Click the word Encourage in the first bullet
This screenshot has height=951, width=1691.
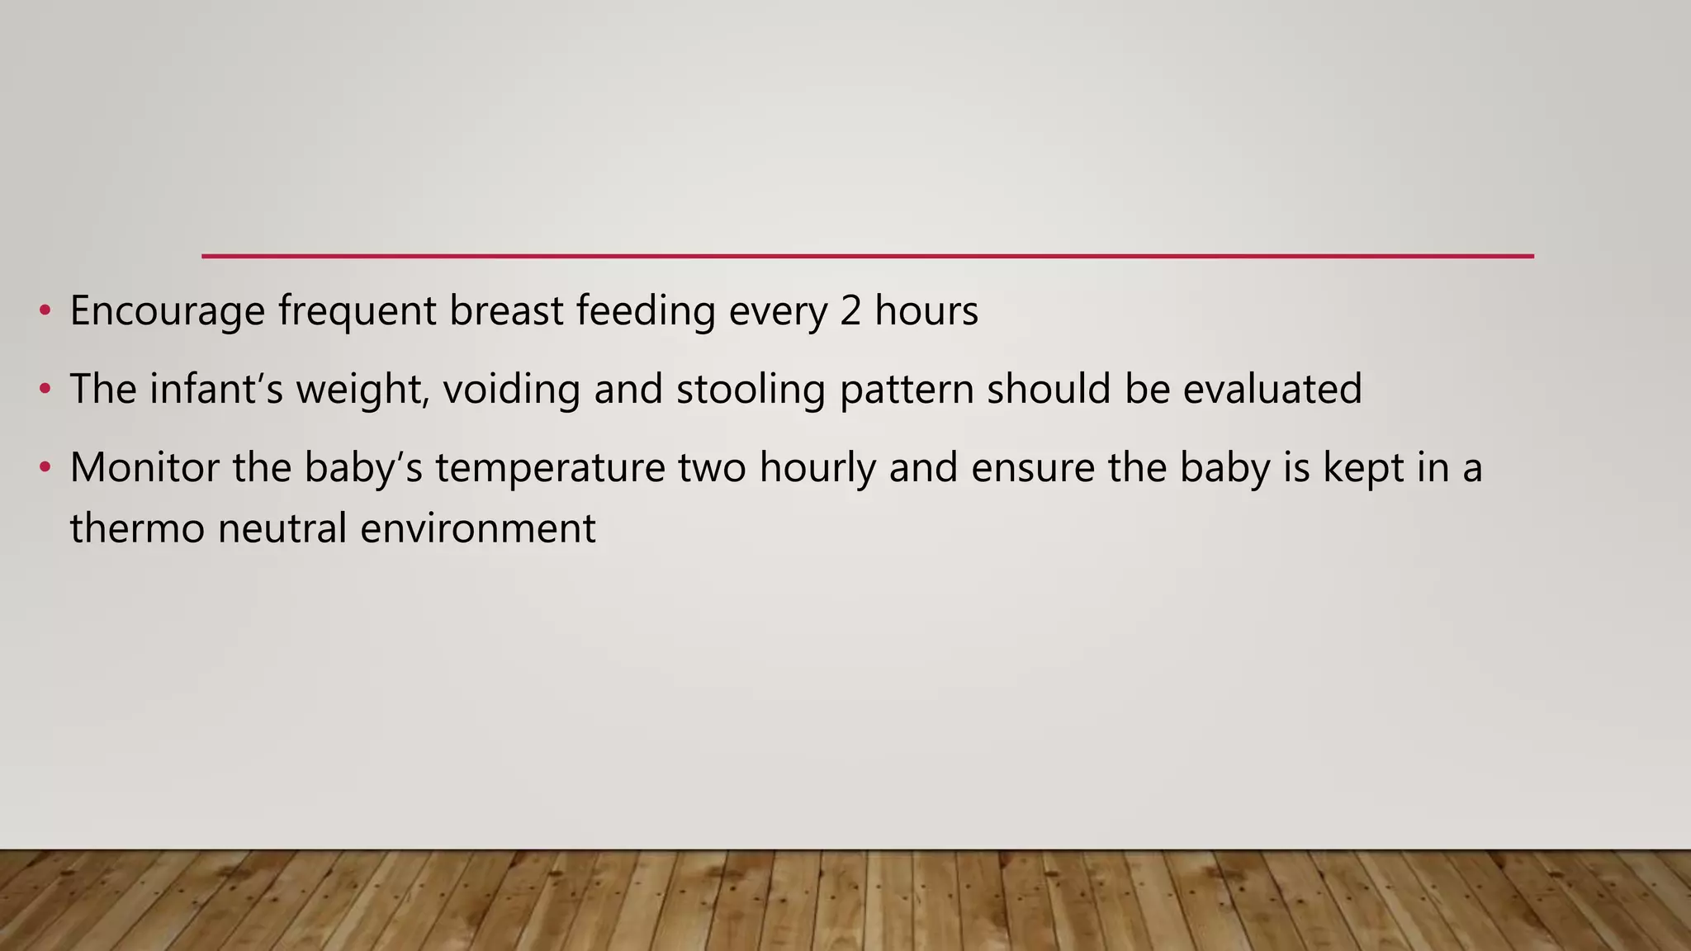[x=167, y=312]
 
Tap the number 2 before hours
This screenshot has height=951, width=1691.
[x=850, y=311]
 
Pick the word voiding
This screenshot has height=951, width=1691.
[x=511, y=390]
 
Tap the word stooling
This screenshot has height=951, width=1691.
[x=751, y=390]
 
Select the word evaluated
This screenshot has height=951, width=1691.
[x=1272, y=389]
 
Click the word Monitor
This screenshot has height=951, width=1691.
[x=144, y=467]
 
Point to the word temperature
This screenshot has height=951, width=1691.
[x=550, y=468]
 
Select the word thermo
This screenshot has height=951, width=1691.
[x=136, y=528]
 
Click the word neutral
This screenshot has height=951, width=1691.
[x=282, y=528]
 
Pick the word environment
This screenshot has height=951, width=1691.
[x=477, y=528]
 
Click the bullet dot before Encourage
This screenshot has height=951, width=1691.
[x=45, y=311]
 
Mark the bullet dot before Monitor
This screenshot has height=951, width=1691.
[x=45, y=467]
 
